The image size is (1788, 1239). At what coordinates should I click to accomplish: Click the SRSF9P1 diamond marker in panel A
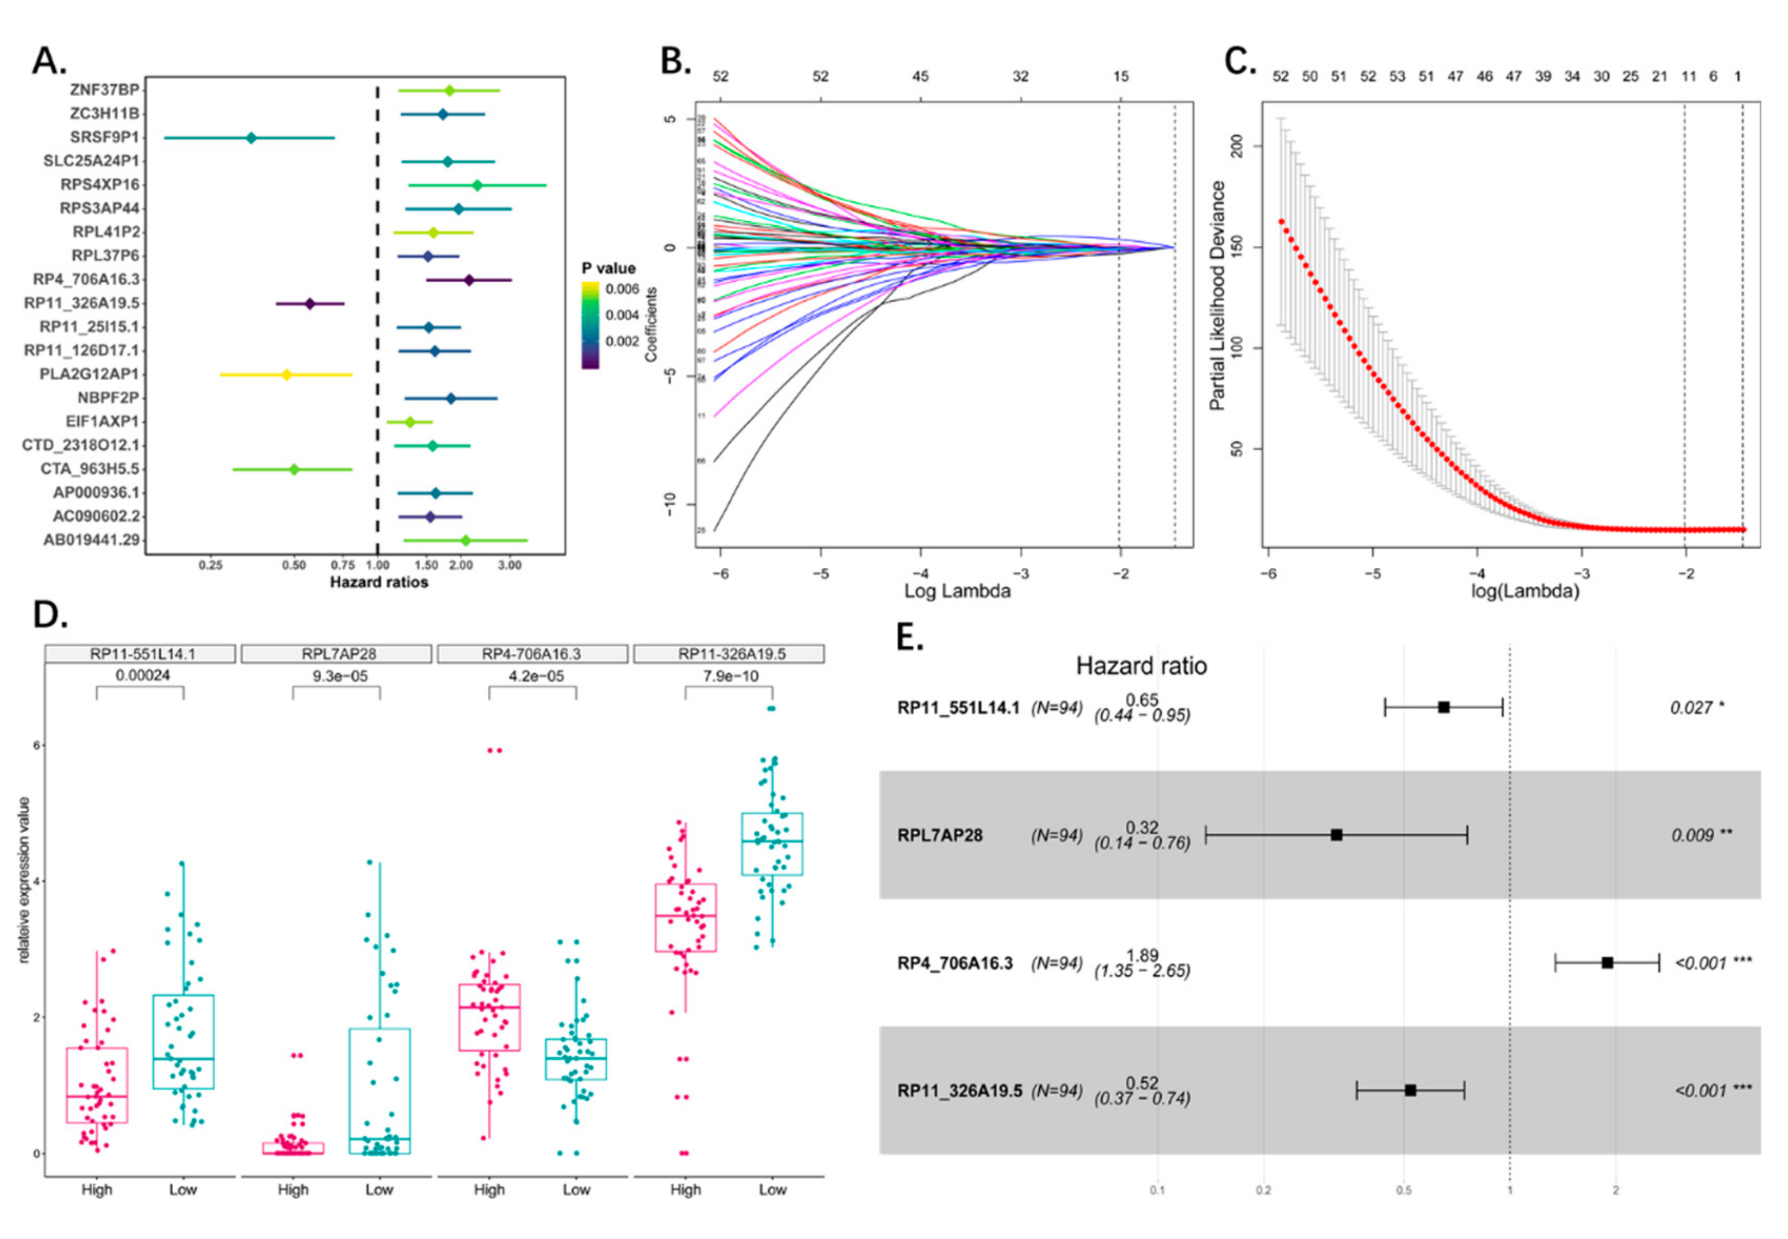pos(251,138)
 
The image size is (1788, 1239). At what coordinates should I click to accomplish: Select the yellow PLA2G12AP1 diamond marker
pos(286,375)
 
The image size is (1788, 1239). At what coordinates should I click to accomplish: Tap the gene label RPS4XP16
pos(100,185)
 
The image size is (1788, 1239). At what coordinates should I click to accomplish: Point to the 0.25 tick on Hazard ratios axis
pos(210,565)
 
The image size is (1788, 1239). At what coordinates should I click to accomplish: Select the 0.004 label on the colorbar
pos(621,315)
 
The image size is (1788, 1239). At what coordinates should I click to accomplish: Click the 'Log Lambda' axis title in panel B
pos(957,591)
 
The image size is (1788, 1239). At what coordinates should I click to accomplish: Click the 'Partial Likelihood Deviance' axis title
pos(1218,296)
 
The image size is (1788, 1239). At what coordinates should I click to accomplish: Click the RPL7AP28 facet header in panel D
pos(335,654)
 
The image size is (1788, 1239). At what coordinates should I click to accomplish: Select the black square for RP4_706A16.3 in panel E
pos(1607,962)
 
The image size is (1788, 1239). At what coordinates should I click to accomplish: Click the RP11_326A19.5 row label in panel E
pos(959,1091)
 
